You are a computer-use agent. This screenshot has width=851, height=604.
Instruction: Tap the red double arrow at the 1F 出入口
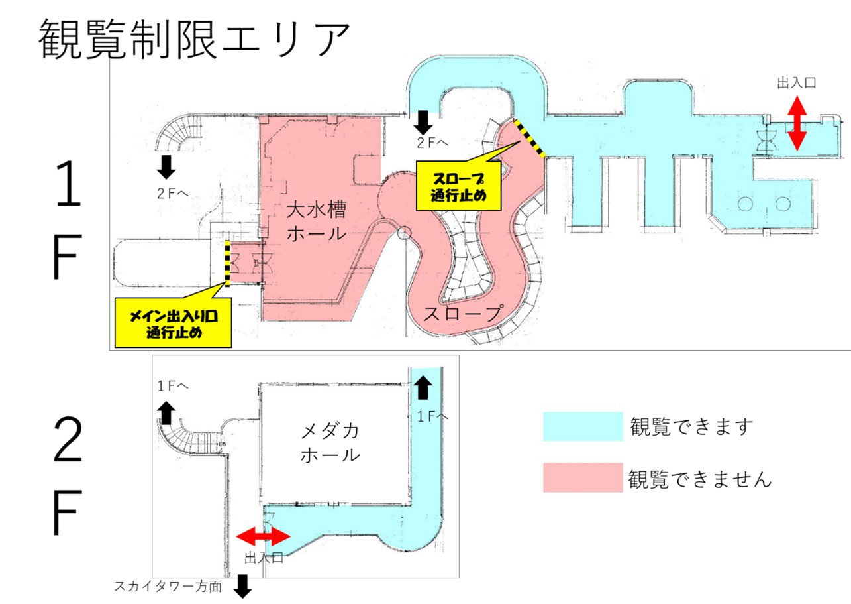pos(796,123)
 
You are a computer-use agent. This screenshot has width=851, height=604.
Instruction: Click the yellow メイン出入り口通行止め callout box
pos(174,323)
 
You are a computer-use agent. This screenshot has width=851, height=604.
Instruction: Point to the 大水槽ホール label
pos(316,221)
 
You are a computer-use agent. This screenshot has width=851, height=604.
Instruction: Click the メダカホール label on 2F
pos(330,443)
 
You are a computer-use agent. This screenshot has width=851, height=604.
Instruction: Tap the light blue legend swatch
pos(583,426)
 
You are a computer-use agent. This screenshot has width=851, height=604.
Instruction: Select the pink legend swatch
pos(583,477)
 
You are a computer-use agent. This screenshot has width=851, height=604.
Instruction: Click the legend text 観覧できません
pos(700,478)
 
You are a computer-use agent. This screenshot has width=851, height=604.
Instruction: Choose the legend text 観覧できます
pos(691,426)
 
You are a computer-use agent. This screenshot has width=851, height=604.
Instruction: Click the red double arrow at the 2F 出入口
pos(264,536)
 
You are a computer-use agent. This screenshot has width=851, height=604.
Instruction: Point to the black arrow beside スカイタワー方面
pos(242,586)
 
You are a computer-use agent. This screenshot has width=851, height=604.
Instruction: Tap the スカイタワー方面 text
pos(168,587)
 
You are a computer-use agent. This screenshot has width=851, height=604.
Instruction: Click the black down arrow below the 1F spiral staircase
pos(166,166)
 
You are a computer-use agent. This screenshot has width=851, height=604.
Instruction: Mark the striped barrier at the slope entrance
pos(529,139)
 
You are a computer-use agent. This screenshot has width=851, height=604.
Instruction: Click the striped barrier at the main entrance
pos(227,263)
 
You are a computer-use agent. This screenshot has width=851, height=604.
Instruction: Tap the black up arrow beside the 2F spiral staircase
pos(166,412)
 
